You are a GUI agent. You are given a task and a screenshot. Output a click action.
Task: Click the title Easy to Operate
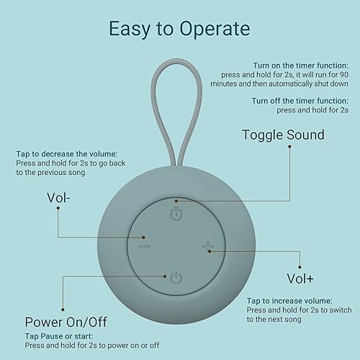click(x=179, y=29)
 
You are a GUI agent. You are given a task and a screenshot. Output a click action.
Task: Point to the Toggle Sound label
click(x=282, y=135)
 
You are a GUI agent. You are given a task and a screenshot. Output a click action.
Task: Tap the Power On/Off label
click(x=67, y=322)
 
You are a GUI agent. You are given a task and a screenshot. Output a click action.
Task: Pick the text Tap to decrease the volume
click(x=65, y=153)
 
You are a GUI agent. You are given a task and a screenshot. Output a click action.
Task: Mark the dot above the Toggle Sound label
click(x=290, y=146)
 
